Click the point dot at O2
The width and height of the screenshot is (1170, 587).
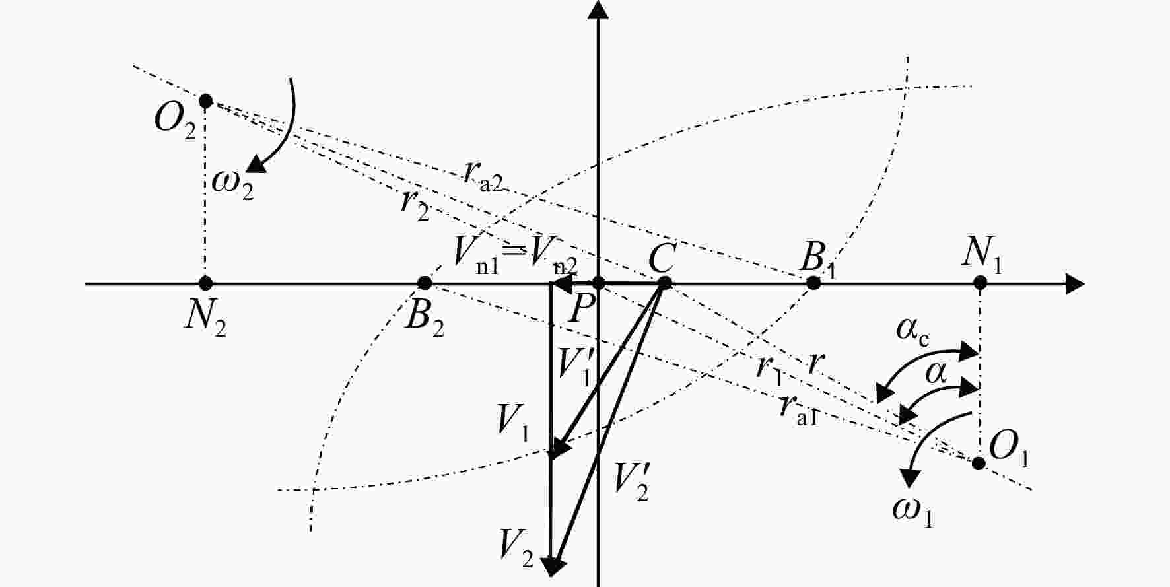click(206, 101)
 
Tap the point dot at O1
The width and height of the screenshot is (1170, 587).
click(979, 463)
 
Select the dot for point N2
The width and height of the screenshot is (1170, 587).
click(206, 283)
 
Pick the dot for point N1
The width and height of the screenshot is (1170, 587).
click(981, 283)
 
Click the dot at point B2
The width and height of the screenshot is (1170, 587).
click(425, 283)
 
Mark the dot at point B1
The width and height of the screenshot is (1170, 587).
click(814, 283)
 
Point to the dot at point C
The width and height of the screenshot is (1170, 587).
click(665, 283)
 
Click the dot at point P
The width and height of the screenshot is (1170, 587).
click(598, 283)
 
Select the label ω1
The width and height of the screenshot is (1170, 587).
click(913, 512)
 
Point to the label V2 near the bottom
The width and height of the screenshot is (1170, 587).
click(516, 545)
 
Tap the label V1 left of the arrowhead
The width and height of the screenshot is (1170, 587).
click(513, 423)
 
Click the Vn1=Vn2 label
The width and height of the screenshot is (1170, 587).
click(516, 255)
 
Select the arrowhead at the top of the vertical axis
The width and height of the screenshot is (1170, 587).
click(598, 9)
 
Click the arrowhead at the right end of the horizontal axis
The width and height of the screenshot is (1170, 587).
click(1076, 283)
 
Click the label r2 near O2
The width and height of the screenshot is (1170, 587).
click(415, 205)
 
